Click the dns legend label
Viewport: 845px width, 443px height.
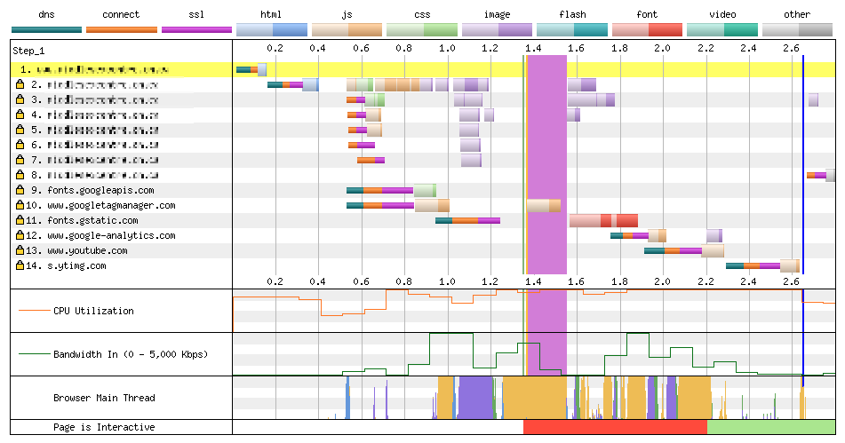click(46, 14)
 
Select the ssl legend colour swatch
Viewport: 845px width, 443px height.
click(196, 29)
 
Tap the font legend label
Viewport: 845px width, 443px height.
click(648, 14)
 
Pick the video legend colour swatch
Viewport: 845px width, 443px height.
click(722, 29)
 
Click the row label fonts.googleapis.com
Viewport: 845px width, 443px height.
click(100, 190)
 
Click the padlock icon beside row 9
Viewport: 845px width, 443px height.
click(20, 190)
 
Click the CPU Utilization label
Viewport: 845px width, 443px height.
click(93, 311)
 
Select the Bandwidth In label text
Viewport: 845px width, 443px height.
click(130, 354)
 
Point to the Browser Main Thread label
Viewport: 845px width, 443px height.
click(104, 398)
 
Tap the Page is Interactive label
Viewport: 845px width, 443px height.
click(104, 427)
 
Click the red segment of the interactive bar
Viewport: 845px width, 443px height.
click(615, 427)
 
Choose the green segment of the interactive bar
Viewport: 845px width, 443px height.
click(770, 427)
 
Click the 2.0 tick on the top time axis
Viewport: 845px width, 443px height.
click(662, 47)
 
